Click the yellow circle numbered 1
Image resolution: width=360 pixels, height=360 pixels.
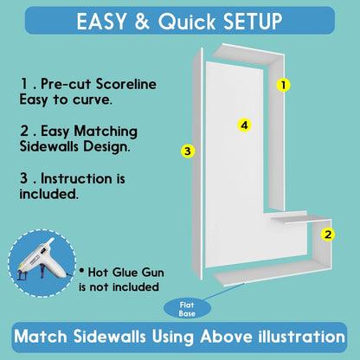tap(283, 85)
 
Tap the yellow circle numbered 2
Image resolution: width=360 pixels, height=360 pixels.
tap(328, 235)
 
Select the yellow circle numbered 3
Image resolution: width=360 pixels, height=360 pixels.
tap(188, 151)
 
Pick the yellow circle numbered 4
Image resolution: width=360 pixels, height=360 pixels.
tap(244, 125)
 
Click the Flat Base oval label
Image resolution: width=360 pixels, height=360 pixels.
tap(187, 309)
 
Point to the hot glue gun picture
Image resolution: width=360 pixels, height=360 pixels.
tap(42, 262)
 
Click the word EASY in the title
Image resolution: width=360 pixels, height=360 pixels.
tap(101, 22)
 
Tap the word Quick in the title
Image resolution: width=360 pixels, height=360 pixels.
tap(187, 22)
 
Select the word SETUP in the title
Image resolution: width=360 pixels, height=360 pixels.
tap(253, 22)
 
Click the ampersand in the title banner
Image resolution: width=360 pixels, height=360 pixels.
tap(142, 22)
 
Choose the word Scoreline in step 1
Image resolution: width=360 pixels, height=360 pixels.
tap(126, 84)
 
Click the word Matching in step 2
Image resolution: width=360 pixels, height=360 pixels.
tap(106, 132)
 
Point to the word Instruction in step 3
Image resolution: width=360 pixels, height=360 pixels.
tap(76, 178)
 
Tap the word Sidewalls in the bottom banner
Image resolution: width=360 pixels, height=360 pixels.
tap(109, 337)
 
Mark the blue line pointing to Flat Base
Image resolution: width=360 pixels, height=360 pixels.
tap(223, 292)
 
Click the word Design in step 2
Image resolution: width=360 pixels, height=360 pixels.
tap(106, 146)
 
